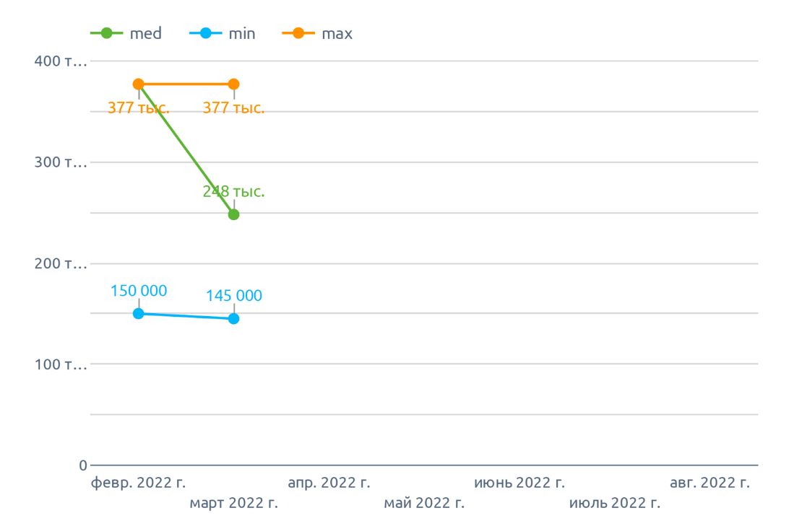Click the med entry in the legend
[x=127, y=33]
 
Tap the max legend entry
[x=319, y=33]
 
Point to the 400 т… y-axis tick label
[x=61, y=61]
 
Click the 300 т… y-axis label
[x=61, y=162]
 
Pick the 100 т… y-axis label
[x=61, y=364]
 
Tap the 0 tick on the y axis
[x=83, y=465]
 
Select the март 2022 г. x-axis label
[x=233, y=502]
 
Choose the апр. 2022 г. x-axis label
[x=329, y=483]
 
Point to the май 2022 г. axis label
[x=424, y=502]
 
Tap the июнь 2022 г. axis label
[x=519, y=483]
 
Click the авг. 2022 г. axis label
[x=710, y=483]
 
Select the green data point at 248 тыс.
[x=233, y=214]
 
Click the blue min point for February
[x=138, y=313]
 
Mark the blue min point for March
[x=233, y=318]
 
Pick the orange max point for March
[x=233, y=84]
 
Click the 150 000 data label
[x=138, y=291]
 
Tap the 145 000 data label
[x=233, y=296]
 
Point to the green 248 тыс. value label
[x=233, y=192]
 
